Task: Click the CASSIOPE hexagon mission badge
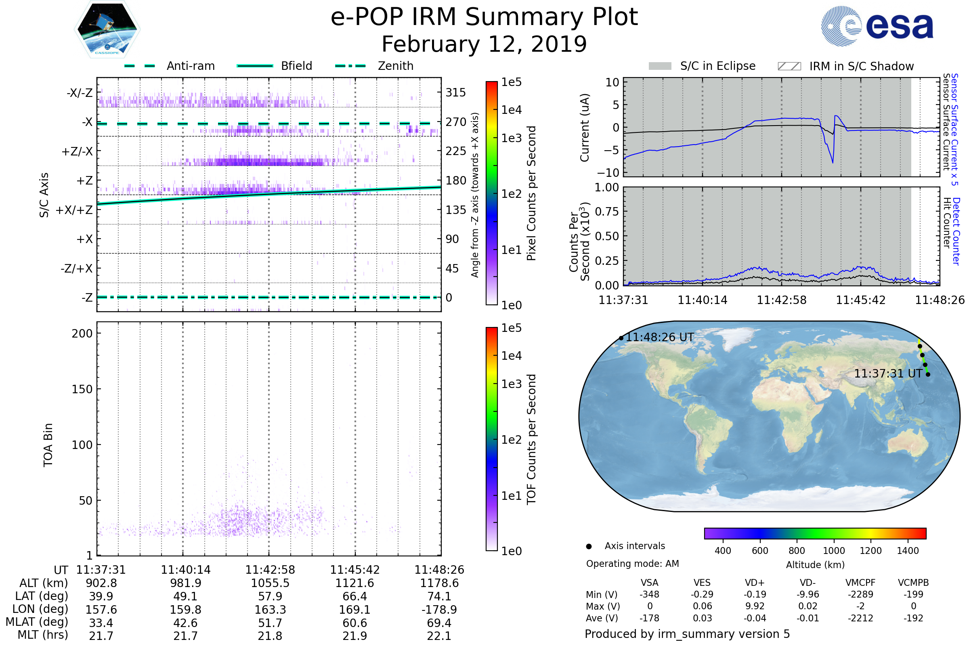[x=107, y=29]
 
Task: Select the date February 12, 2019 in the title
[x=484, y=44]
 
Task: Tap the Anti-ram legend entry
[x=190, y=66]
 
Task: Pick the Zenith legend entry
[x=396, y=66]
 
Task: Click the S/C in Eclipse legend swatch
[x=660, y=66]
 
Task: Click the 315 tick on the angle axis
[x=456, y=93]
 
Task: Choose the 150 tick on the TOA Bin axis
[x=82, y=389]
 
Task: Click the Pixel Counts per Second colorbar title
[x=531, y=193]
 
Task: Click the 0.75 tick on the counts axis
[x=607, y=212]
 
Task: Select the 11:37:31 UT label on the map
[x=887, y=374]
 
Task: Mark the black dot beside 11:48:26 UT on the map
[x=621, y=338]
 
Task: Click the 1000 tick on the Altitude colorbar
[x=833, y=551]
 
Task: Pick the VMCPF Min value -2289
[x=860, y=594]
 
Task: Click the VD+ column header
[x=755, y=583]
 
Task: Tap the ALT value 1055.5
[x=270, y=583]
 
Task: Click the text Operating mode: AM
[x=632, y=564]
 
